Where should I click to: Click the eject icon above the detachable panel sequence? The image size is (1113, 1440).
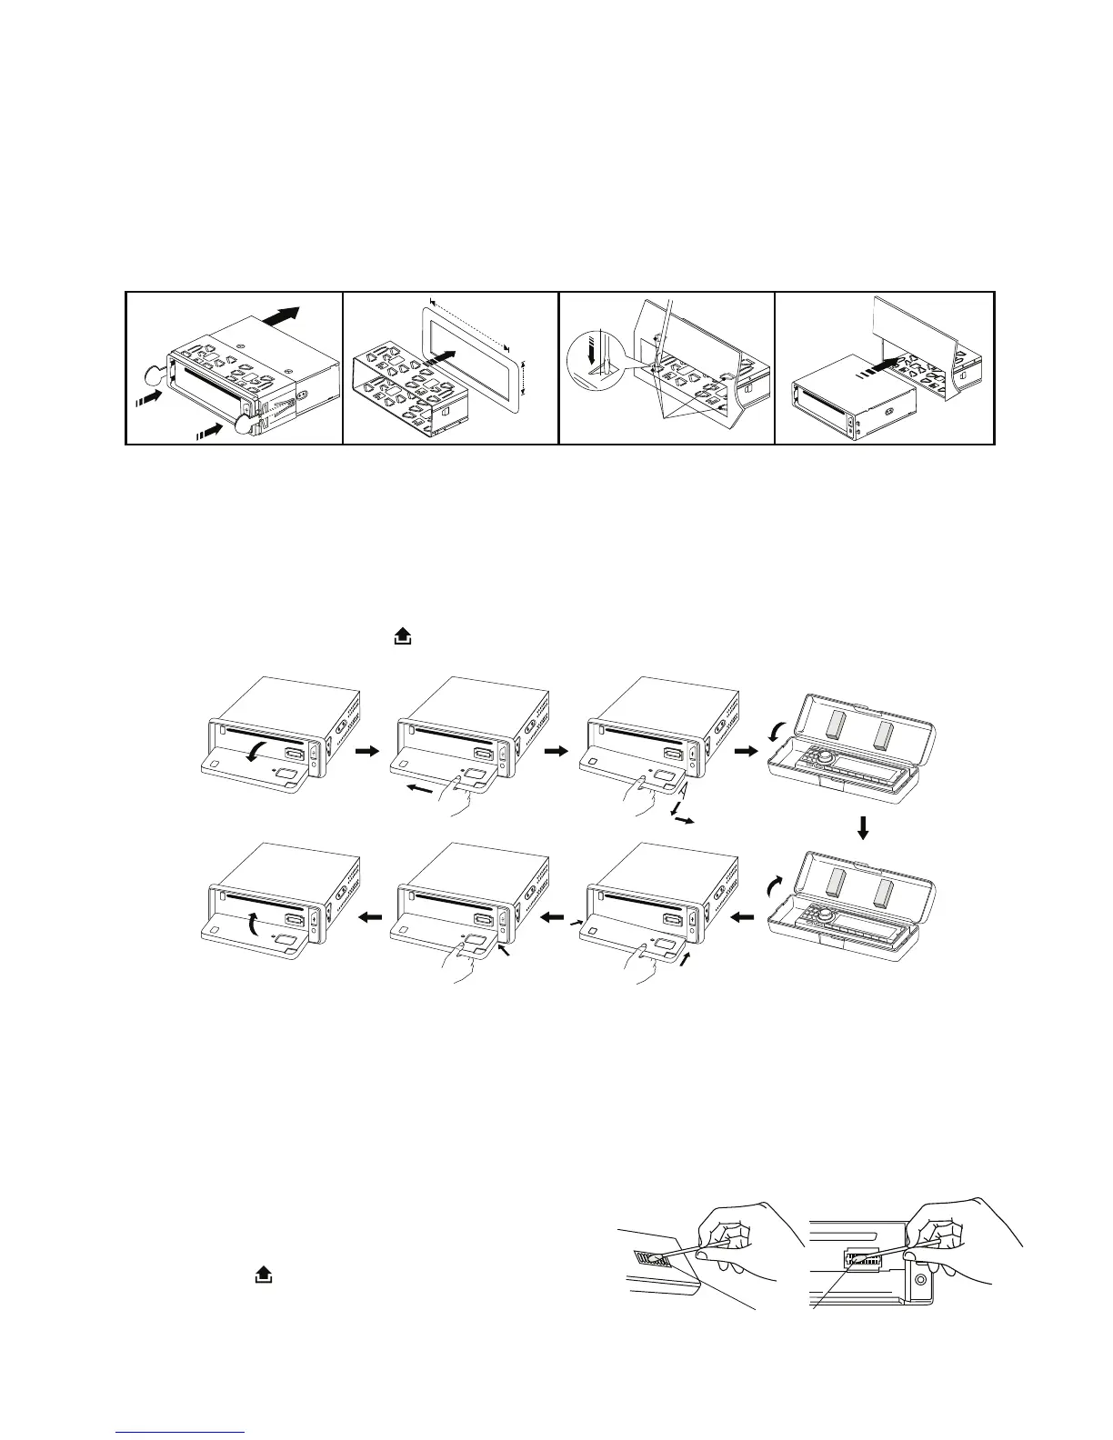click(400, 639)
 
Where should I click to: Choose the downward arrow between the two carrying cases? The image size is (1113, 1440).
click(864, 827)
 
